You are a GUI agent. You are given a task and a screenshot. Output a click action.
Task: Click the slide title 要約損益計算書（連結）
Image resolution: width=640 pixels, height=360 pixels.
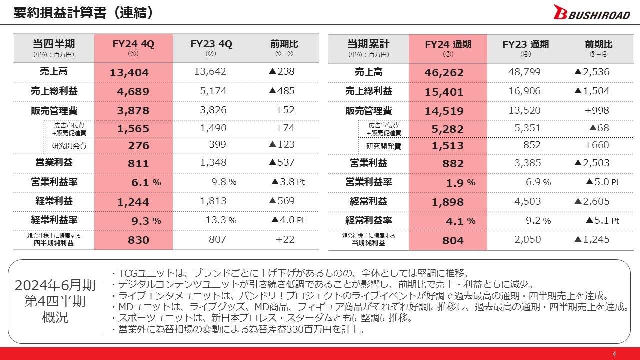(x=83, y=13)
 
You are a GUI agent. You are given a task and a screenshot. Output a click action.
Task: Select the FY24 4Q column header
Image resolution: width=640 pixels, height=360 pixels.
(x=133, y=47)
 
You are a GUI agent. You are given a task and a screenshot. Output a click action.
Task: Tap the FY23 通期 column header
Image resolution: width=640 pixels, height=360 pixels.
(x=525, y=47)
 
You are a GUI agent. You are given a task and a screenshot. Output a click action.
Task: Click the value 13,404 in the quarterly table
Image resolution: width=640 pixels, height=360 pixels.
(x=129, y=73)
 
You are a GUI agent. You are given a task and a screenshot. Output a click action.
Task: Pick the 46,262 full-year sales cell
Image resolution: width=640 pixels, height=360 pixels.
(x=444, y=73)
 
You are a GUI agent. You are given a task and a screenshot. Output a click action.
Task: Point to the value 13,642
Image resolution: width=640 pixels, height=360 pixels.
(x=210, y=72)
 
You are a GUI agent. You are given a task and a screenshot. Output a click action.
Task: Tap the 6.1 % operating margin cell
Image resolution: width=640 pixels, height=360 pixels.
(x=146, y=183)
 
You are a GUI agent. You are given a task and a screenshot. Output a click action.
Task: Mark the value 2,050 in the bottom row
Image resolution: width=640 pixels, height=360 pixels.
(x=527, y=239)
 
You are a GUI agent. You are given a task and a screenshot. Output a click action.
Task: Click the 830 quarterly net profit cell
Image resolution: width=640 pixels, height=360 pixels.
(x=138, y=240)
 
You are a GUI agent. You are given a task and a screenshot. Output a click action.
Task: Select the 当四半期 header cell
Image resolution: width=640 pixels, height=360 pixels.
(x=54, y=47)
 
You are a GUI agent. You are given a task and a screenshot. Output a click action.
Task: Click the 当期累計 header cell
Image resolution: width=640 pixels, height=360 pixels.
(x=368, y=47)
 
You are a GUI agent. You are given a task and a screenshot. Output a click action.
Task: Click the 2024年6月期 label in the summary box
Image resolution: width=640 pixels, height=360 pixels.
(x=55, y=286)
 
